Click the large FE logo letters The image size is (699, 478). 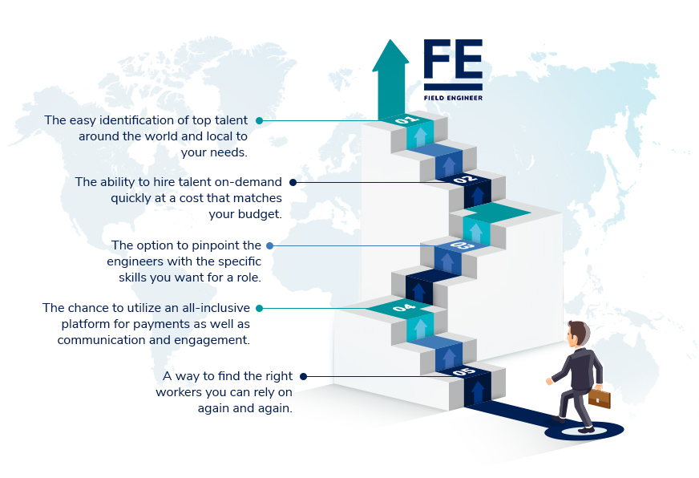click(453, 59)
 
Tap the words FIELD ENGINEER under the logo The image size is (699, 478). click(453, 98)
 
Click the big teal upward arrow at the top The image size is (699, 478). click(390, 79)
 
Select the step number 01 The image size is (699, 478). click(406, 119)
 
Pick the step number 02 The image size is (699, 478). click(465, 180)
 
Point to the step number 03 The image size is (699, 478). click(462, 245)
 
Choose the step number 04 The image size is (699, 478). click(404, 307)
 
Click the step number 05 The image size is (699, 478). click(464, 371)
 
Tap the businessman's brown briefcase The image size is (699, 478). click(600, 397)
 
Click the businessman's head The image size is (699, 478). click(578, 334)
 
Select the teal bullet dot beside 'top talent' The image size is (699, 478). click(259, 120)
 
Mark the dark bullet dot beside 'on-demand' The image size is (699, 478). click(293, 182)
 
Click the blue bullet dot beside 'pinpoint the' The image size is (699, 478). click(269, 245)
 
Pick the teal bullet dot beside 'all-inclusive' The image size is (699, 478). click(259, 308)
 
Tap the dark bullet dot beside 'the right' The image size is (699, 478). click(303, 376)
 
